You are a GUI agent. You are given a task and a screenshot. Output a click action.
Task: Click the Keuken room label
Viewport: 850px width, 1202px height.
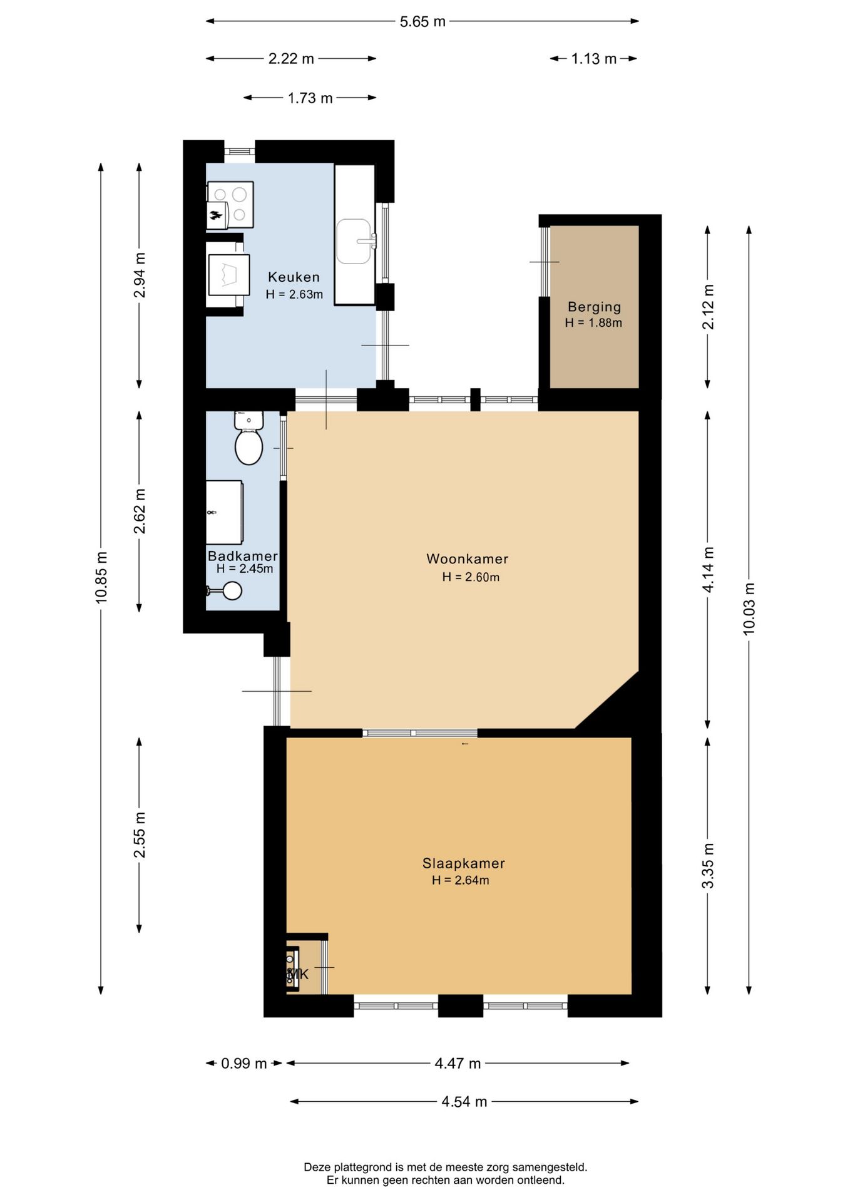pyautogui.click(x=294, y=277)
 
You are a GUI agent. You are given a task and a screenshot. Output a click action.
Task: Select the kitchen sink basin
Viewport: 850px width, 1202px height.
pyautogui.click(x=354, y=241)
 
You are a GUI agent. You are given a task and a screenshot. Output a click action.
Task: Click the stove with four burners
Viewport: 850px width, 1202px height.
pyautogui.click(x=231, y=204)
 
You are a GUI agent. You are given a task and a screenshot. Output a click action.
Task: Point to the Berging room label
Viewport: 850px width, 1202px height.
pyautogui.click(x=594, y=307)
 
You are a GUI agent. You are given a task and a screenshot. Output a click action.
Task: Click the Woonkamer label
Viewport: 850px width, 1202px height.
pyautogui.click(x=467, y=558)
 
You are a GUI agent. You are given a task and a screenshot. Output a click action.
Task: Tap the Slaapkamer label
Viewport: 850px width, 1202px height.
pyautogui.click(x=463, y=863)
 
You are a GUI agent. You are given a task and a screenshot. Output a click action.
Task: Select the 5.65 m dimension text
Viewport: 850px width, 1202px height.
pyautogui.click(x=422, y=22)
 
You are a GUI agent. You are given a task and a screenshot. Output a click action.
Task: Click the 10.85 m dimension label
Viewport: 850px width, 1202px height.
pyautogui.click(x=101, y=577)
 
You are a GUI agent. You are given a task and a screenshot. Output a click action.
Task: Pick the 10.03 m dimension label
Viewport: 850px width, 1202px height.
pyautogui.click(x=749, y=609)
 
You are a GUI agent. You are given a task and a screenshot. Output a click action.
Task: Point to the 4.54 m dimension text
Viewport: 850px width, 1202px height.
pyautogui.click(x=464, y=1102)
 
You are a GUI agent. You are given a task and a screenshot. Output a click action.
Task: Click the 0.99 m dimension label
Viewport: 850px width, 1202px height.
pyautogui.click(x=243, y=1064)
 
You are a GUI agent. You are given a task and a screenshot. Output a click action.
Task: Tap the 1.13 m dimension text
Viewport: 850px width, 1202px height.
pyautogui.click(x=593, y=59)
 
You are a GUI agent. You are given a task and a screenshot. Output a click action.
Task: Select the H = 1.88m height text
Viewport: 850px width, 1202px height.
pyautogui.click(x=593, y=323)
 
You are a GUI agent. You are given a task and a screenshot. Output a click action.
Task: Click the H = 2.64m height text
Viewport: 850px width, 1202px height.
pyautogui.click(x=461, y=880)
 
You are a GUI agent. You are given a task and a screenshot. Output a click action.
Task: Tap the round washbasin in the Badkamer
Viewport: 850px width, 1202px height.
pyautogui.click(x=232, y=590)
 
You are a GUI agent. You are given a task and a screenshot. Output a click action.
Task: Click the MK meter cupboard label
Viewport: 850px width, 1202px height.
pyautogui.click(x=299, y=974)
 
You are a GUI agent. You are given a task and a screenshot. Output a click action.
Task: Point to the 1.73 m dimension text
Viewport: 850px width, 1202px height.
pyautogui.click(x=310, y=98)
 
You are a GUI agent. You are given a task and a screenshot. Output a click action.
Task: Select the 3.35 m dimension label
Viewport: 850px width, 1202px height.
pyautogui.click(x=708, y=865)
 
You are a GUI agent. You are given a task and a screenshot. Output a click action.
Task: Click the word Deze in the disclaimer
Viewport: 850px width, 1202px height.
pyautogui.click(x=317, y=1167)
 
